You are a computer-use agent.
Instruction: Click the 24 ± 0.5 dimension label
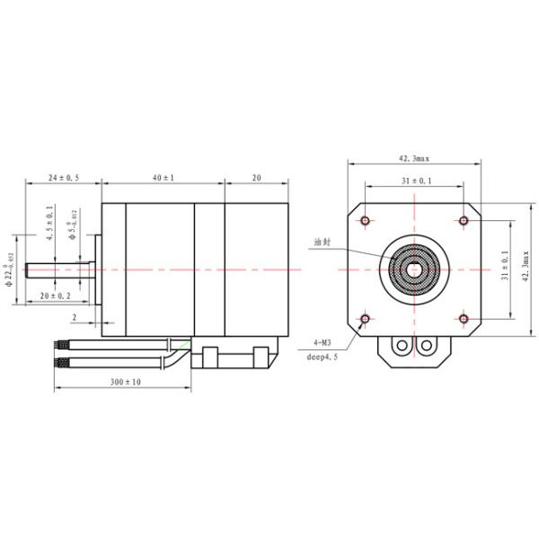tap(63, 179)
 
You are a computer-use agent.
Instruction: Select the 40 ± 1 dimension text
tap(163, 179)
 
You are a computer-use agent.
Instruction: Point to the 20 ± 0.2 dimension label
tap(55, 296)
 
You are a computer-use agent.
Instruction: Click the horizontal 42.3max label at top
tap(413, 158)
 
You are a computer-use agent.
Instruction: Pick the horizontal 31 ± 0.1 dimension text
tap(414, 181)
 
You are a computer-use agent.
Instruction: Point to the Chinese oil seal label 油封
tap(322, 243)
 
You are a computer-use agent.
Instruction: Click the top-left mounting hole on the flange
tap(365, 220)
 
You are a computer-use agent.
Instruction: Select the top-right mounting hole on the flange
tap(464, 220)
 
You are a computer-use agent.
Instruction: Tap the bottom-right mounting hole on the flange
tap(464, 318)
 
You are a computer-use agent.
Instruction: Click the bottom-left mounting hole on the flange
tap(365, 318)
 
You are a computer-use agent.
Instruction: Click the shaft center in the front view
tap(414, 268)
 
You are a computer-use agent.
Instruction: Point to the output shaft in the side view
tap(54, 269)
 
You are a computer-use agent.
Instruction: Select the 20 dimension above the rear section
tap(256, 179)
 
